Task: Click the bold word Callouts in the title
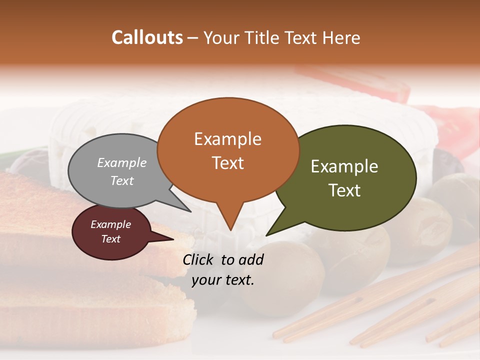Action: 147,37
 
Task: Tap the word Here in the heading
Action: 341,37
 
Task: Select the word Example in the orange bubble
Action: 227,139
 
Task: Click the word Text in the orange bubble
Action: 227,163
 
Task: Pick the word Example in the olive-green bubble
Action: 344,166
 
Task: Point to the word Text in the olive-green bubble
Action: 344,190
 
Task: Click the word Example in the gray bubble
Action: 122,162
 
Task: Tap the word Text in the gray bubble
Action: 122,180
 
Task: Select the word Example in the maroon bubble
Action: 110,224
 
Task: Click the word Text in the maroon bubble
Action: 110,239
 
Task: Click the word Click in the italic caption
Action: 198,259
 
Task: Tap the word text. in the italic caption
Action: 237,280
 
